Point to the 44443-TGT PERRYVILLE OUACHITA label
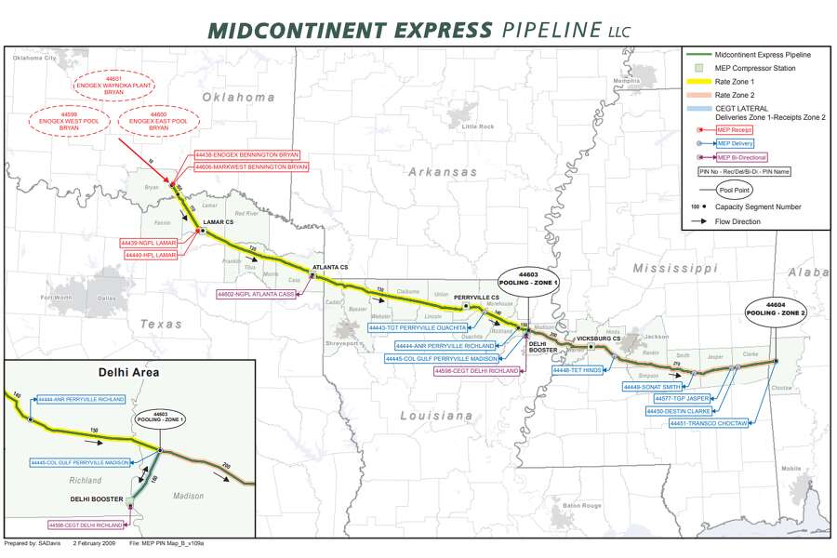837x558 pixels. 417,328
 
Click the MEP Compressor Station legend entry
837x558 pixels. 752,69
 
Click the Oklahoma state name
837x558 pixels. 240,97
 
